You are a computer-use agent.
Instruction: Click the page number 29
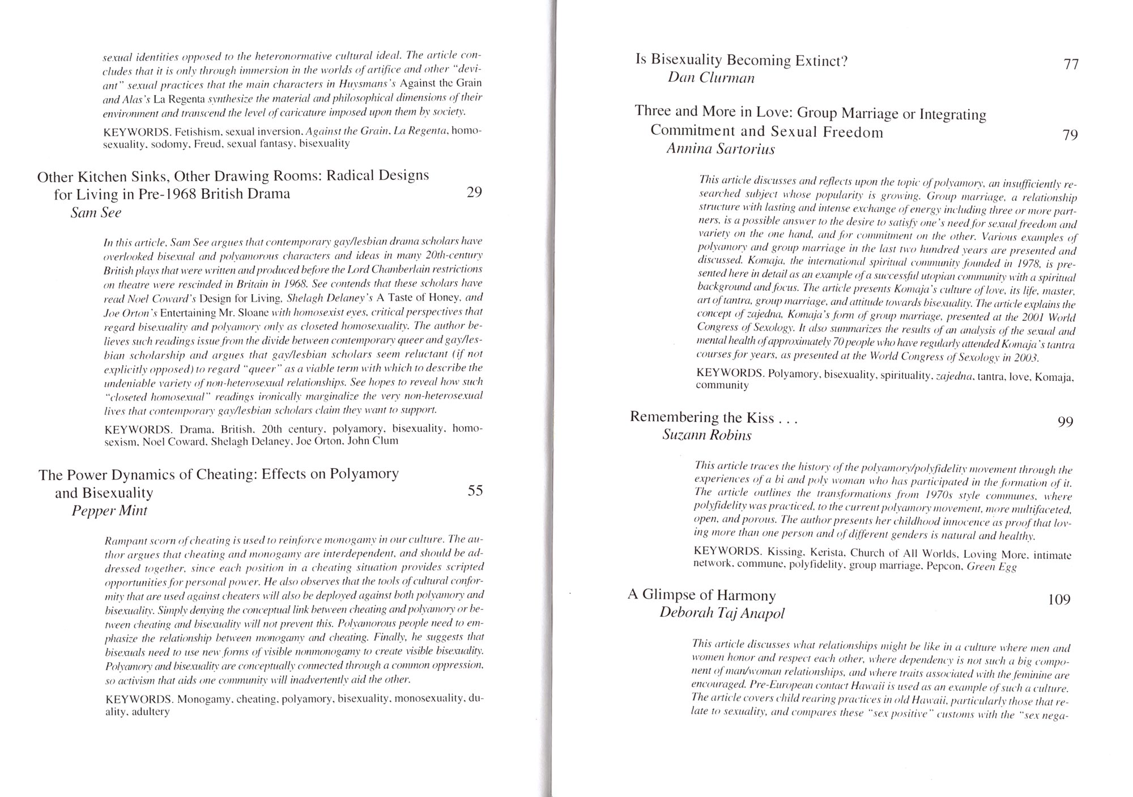click(474, 193)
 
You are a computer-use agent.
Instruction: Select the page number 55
click(475, 491)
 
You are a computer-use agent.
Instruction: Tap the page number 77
click(1071, 65)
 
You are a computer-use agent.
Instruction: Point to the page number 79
click(1070, 135)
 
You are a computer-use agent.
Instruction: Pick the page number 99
click(1065, 422)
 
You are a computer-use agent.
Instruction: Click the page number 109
click(1059, 599)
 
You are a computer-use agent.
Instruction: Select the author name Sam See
click(96, 213)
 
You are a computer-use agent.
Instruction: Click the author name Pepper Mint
click(109, 511)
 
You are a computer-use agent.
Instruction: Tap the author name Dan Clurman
click(711, 78)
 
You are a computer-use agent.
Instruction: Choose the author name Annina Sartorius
click(720, 149)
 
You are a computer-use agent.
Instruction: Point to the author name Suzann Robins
click(706, 435)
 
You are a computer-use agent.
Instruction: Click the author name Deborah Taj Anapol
click(722, 613)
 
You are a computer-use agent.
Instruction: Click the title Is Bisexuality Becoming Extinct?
click(741, 61)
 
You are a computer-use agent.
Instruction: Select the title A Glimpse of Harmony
click(701, 595)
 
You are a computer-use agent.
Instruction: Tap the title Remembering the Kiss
click(714, 418)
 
